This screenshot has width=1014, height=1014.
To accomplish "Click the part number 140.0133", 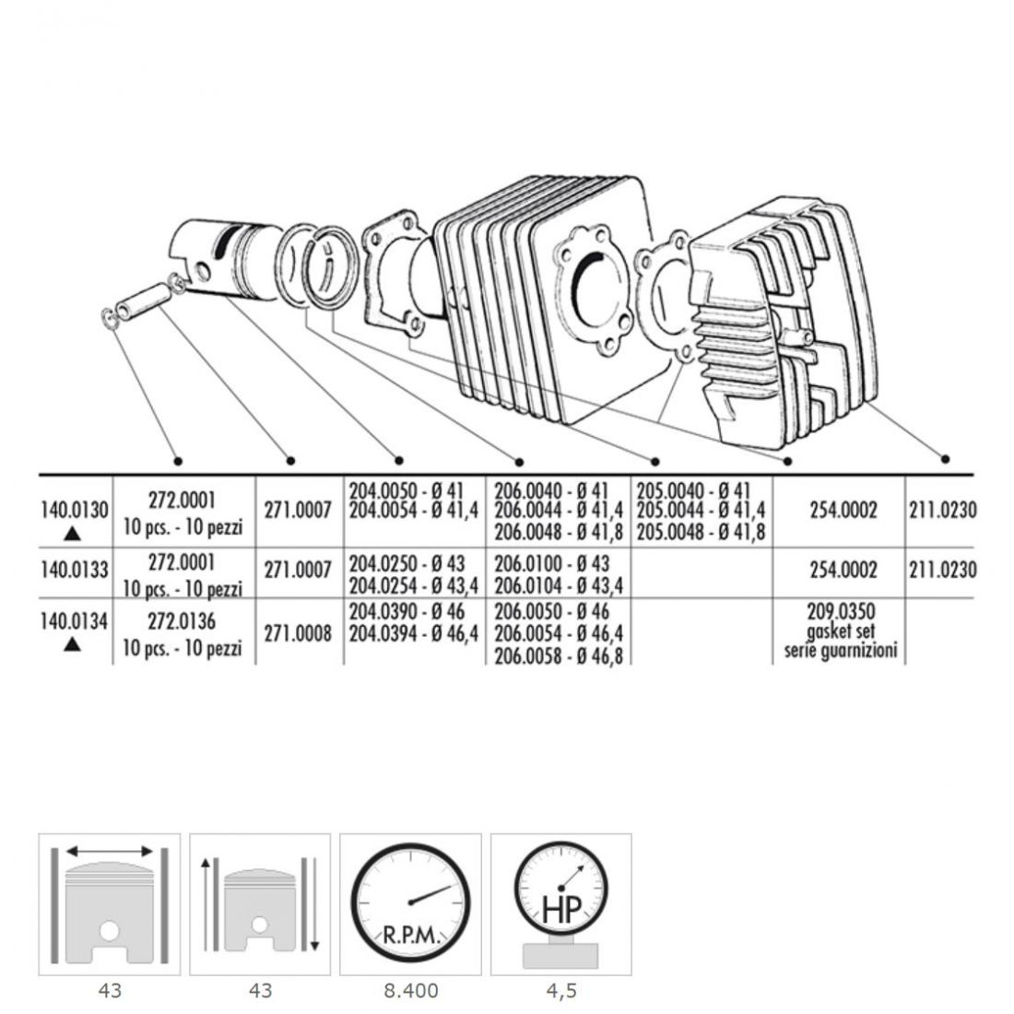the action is click(x=75, y=571).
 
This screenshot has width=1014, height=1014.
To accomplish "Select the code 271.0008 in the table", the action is click(x=298, y=633).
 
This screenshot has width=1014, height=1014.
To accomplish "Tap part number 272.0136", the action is click(x=181, y=621).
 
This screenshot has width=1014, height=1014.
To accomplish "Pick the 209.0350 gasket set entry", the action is click(x=841, y=631).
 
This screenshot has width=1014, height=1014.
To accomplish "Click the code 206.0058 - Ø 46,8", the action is click(x=559, y=655).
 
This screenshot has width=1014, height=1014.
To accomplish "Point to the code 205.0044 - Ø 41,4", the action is click(x=701, y=511).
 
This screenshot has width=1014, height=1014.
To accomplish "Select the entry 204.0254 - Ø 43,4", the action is click(x=414, y=585).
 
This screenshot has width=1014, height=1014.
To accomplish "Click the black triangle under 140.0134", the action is click(x=73, y=644).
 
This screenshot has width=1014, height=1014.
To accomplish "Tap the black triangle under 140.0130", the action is click(x=73, y=534).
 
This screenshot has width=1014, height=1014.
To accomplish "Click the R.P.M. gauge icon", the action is click(x=410, y=903).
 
